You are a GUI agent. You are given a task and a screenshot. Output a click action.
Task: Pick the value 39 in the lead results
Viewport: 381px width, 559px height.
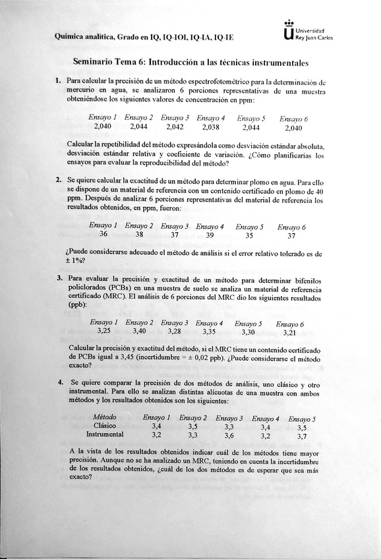210,235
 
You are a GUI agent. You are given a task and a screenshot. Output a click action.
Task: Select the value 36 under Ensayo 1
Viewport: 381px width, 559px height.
103,234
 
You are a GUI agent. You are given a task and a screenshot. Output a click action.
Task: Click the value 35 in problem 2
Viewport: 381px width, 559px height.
249,235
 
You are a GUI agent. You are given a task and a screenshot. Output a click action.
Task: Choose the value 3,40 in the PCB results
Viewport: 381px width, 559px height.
139,331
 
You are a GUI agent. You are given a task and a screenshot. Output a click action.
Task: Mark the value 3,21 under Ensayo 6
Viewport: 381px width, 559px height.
289,332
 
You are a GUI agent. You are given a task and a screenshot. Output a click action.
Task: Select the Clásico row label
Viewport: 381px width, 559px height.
105,427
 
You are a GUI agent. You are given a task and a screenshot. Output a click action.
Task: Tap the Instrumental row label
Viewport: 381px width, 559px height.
105,435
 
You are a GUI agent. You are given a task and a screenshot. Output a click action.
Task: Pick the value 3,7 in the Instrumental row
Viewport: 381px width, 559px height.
301,436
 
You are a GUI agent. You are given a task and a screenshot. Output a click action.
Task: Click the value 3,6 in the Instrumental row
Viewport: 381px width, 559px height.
229,436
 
